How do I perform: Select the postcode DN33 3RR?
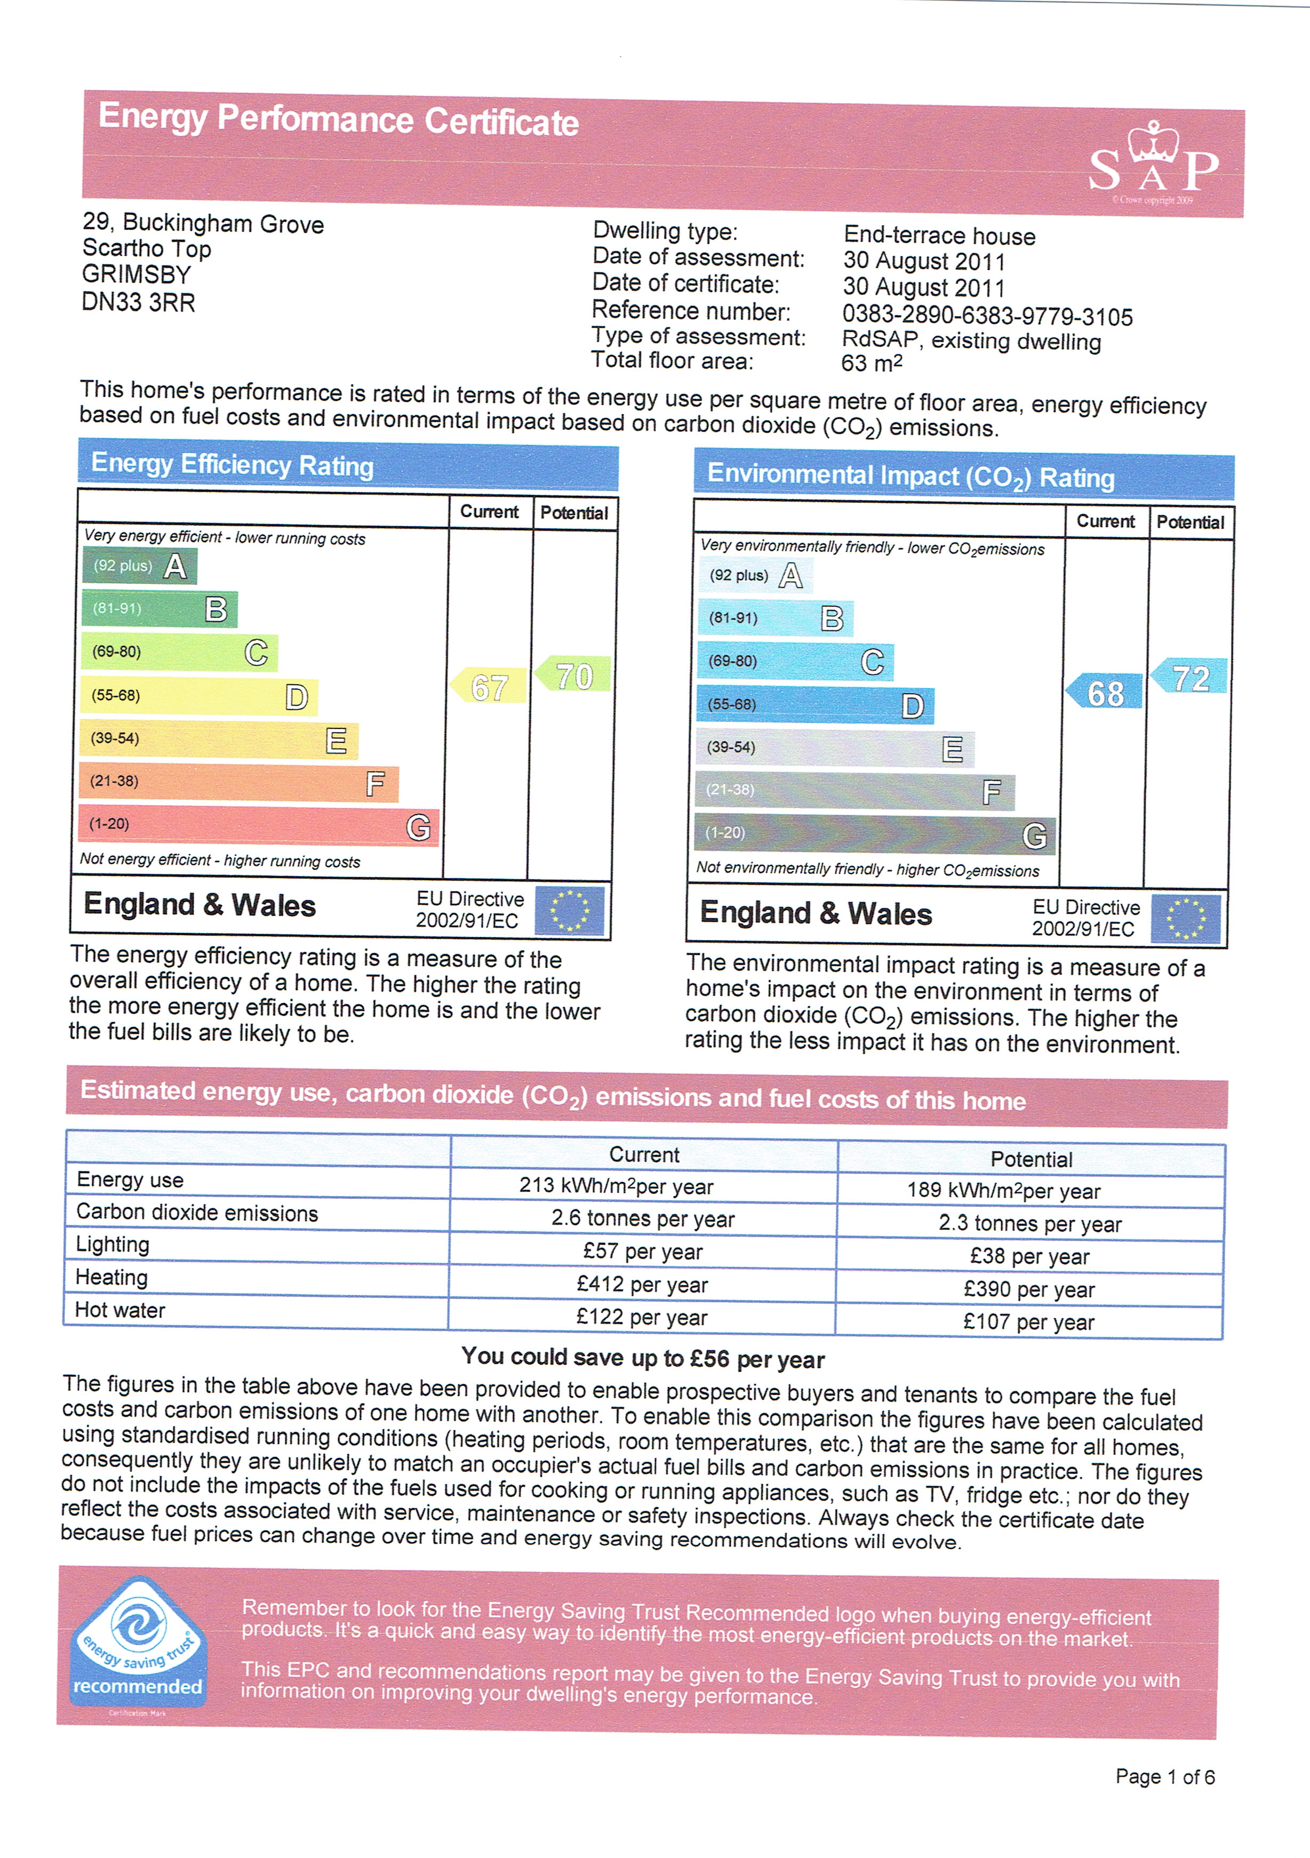pos(138,303)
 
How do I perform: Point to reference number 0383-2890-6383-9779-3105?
pos(987,316)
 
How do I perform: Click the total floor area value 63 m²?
pos(872,362)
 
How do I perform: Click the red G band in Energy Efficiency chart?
pos(259,826)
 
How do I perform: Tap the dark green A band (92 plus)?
pos(139,566)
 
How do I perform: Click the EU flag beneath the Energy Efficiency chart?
pos(570,910)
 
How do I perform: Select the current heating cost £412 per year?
pos(642,1284)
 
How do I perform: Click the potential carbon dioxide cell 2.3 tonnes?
pos(1029,1223)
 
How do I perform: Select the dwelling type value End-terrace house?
pos(939,236)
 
